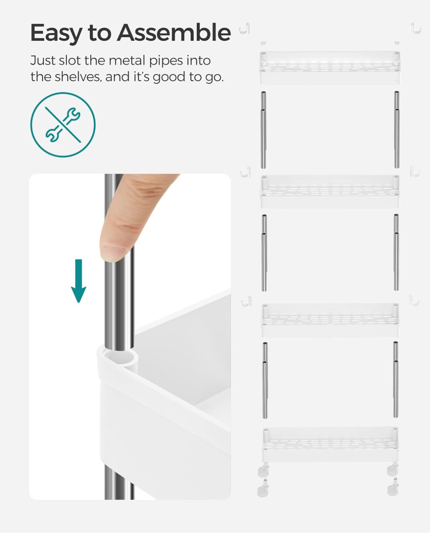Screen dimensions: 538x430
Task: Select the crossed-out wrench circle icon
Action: pos(63,125)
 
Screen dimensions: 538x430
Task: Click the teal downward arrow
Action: pos(78,281)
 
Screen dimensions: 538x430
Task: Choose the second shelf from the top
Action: pos(330,191)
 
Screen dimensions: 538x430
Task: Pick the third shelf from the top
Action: pos(330,320)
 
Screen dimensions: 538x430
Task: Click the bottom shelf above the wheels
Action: pos(330,444)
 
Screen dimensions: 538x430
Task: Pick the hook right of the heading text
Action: pos(245,29)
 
